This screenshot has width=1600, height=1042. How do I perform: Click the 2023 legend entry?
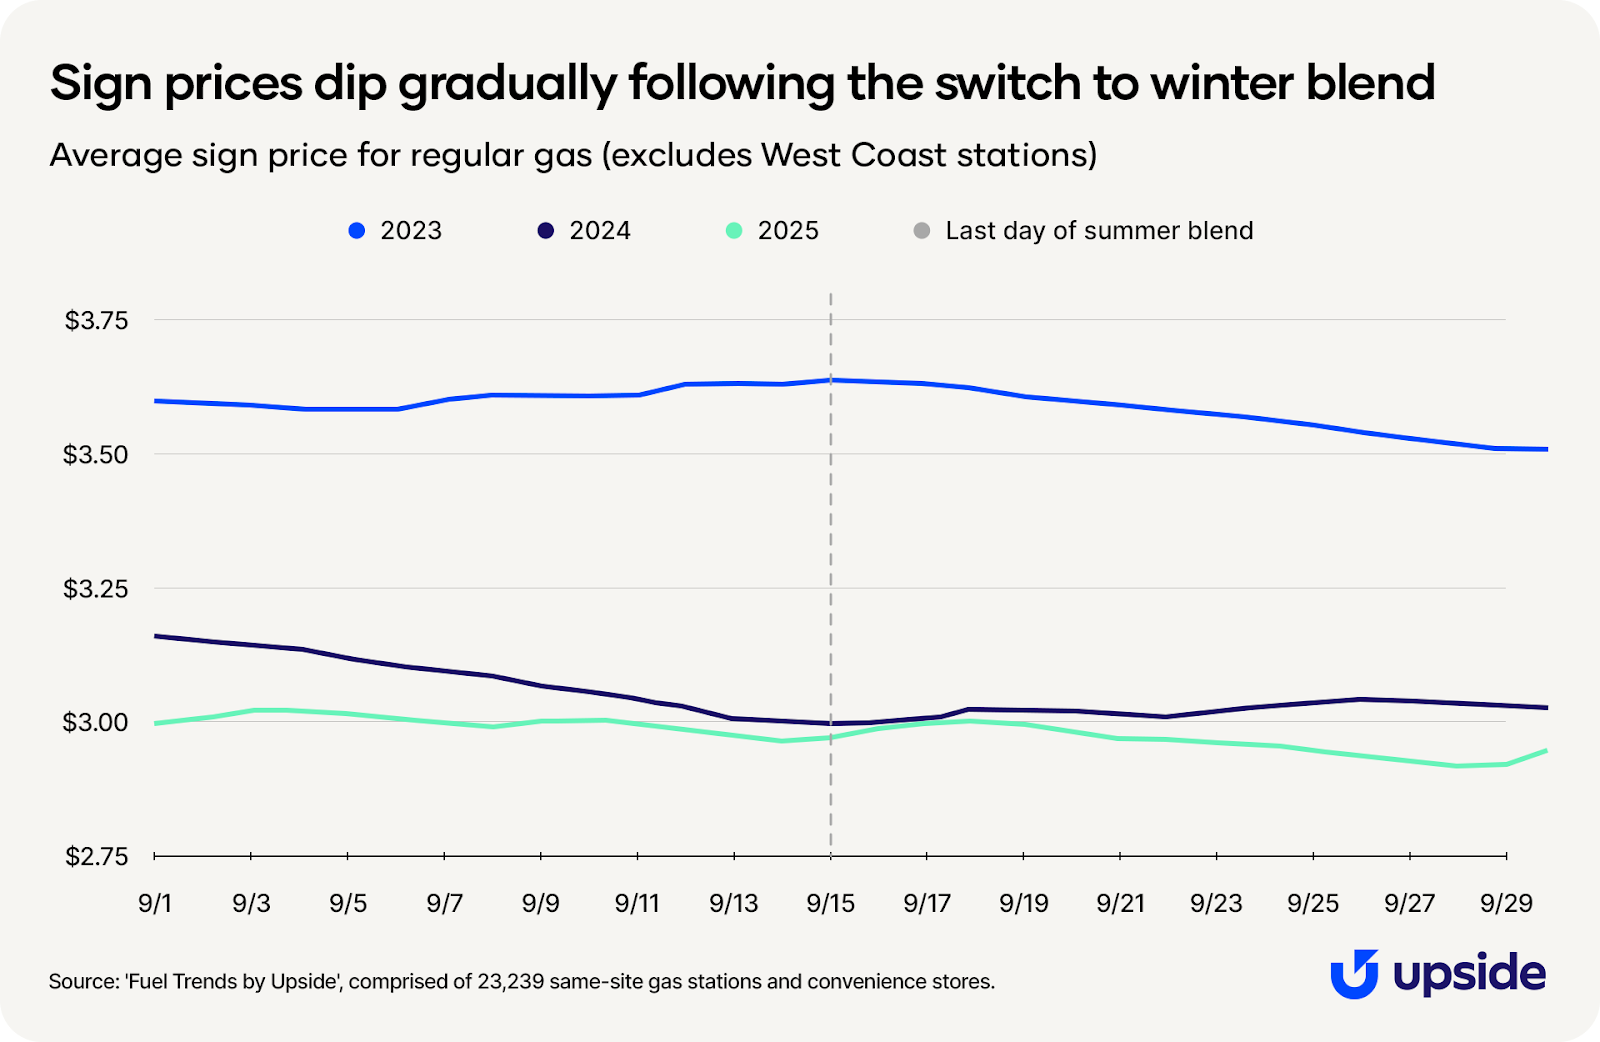point(396,231)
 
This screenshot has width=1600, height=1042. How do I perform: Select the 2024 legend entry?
point(585,231)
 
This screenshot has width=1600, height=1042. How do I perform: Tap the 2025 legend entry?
point(774,231)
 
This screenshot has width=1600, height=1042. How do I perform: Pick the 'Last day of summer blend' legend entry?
point(1084,231)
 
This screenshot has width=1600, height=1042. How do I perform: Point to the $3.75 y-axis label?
point(97,321)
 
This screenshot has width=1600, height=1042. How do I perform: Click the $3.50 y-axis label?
point(97,455)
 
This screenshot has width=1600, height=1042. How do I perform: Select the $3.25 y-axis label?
point(97,589)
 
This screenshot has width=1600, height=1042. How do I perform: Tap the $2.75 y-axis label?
point(97,857)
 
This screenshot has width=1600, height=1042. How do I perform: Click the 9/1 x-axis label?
point(155,904)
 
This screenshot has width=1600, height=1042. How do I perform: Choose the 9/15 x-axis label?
point(830,904)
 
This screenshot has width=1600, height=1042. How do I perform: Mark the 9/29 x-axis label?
point(1506,904)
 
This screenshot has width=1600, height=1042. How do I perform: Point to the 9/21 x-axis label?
point(1120,904)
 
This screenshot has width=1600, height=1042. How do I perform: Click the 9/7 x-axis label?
point(444,904)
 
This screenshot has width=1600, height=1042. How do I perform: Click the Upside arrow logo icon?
point(1354,973)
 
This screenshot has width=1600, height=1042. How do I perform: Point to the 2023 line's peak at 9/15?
point(831,380)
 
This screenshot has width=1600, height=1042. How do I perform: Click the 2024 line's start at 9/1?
point(156,636)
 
